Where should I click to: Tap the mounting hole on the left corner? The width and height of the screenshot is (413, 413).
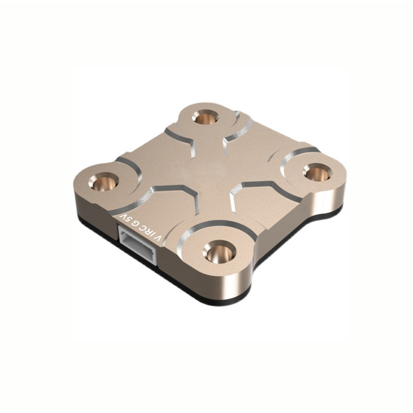(105, 181)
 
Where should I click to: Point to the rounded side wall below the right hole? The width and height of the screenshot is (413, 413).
(330, 199)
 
